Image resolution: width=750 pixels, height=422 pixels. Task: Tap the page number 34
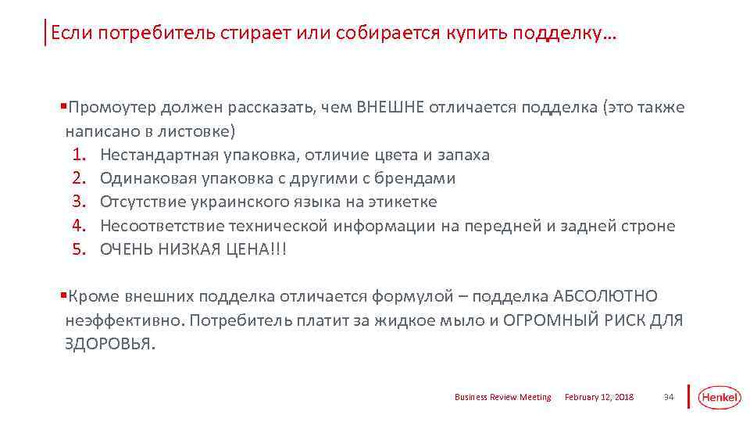(x=668, y=398)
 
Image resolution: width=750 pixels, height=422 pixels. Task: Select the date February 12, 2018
(x=599, y=398)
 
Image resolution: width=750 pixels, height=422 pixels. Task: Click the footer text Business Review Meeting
(x=502, y=398)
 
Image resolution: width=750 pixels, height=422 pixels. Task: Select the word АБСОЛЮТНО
(x=605, y=296)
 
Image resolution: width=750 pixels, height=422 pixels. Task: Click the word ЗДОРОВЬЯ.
(x=109, y=345)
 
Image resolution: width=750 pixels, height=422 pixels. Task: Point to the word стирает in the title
(x=255, y=34)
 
